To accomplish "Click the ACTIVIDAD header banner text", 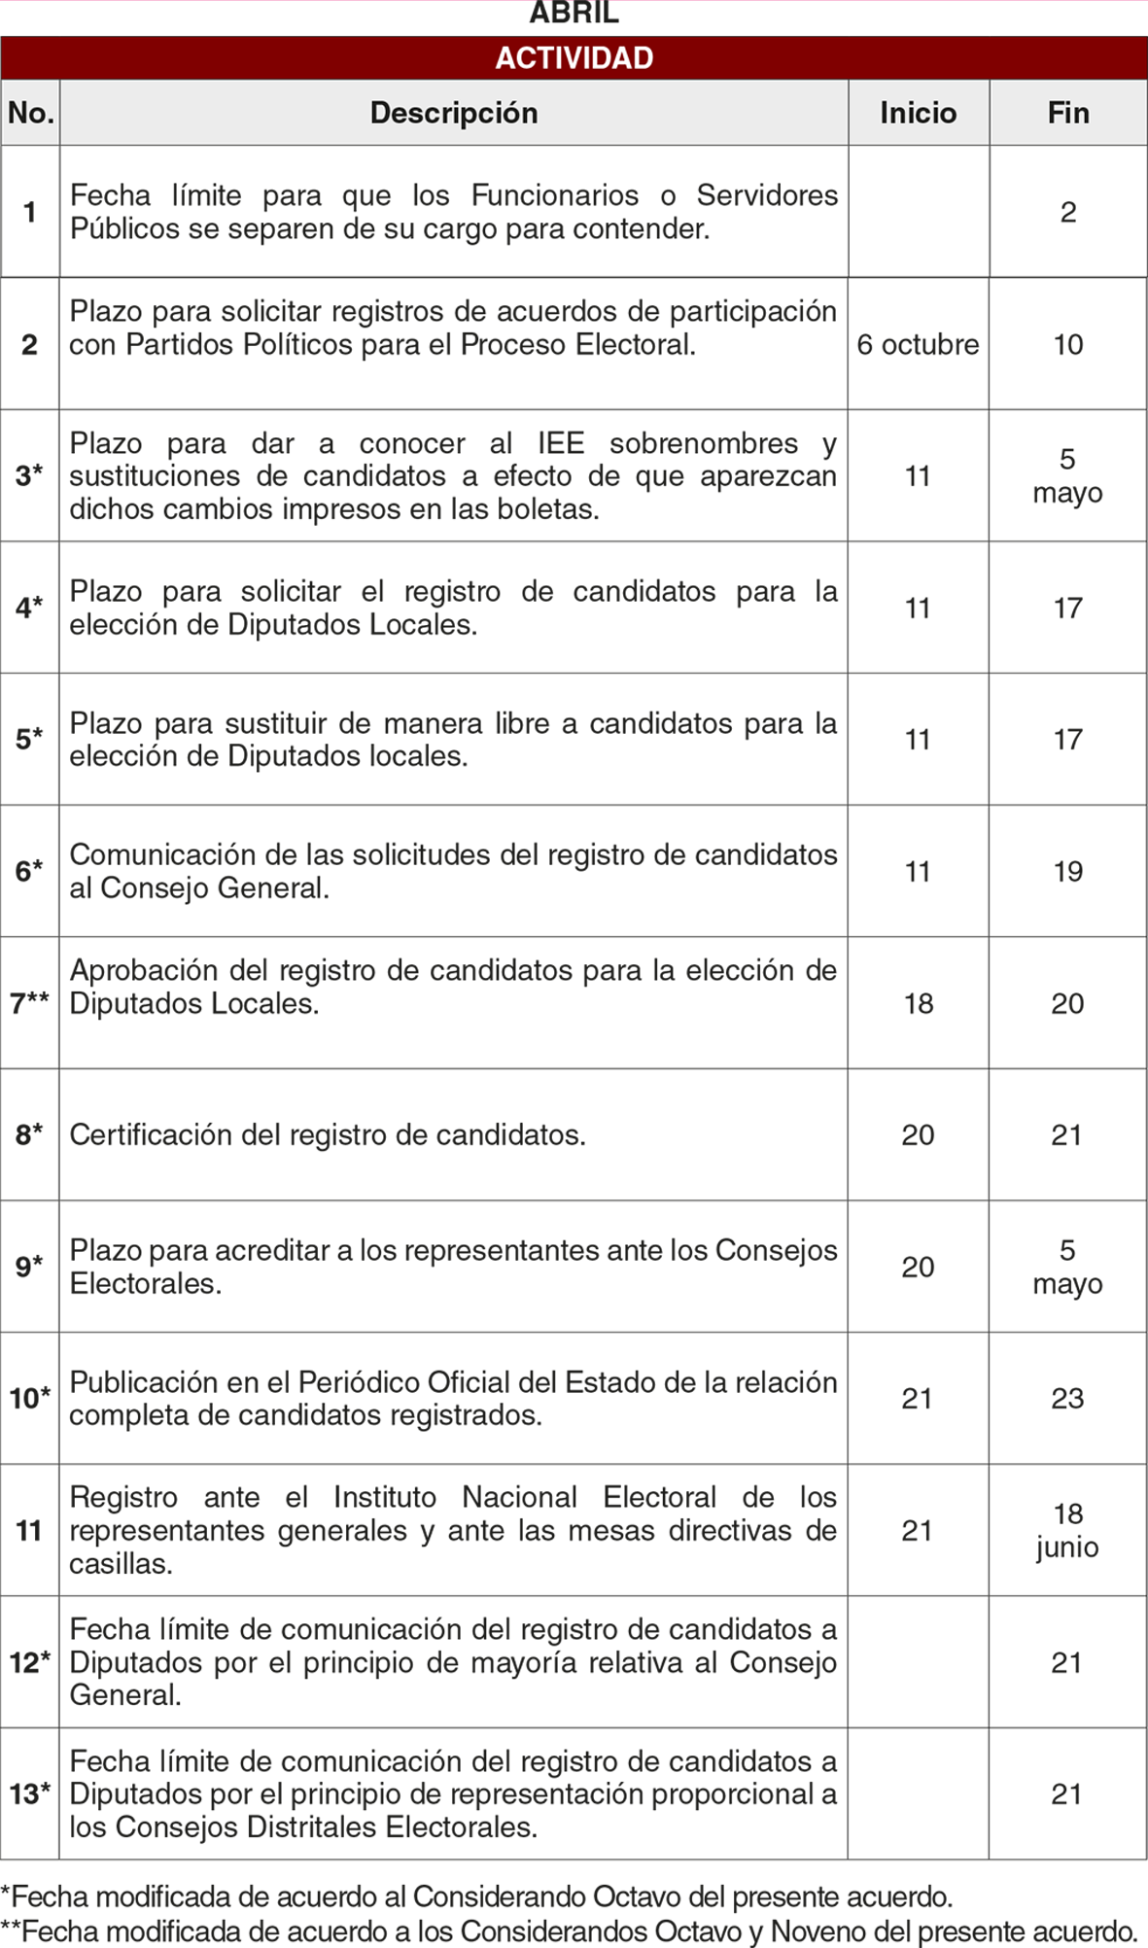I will (x=574, y=58).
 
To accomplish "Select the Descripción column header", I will (x=453, y=113).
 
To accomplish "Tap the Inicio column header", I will (x=918, y=113).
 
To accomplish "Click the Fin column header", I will (x=1067, y=113).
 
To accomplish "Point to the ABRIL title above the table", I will (x=574, y=14).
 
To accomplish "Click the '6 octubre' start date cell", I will (x=918, y=344).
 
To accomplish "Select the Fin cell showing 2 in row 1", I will (x=1067, y=212).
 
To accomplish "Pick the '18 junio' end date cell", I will (x=1067, y=1530).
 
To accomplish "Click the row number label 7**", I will (x=29, y=1003).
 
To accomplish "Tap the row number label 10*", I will (x=29, y=1398).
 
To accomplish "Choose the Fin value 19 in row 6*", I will (x=1067, y=871).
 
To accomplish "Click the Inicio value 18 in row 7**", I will (x=918, y=1003).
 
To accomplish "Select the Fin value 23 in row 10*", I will (x=1067, y=1398).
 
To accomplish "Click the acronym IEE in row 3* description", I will (x=561, y=443).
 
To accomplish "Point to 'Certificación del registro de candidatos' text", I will (x=328, y=1134).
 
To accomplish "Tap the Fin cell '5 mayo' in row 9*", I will (x=1067, y=1267).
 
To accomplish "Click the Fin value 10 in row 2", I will (x=1067, y=344).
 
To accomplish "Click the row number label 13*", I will (x=29, y=1793).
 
